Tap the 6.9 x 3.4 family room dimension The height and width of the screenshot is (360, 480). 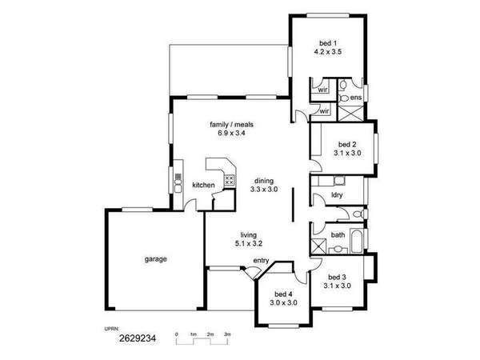click(231, 133)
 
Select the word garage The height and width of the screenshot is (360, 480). click(156, 259)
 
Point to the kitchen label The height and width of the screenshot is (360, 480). click(203, 186)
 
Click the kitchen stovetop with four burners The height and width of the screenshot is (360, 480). click(230, 180)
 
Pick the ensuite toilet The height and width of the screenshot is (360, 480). click(344, 98)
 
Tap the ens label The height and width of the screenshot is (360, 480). click(356, 98)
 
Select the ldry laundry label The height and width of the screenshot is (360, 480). click(337, 195)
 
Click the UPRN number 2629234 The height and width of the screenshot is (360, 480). click(138, 338)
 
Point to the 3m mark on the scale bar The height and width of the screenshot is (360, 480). click(227, 334)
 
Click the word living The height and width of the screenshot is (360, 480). click(248, 235)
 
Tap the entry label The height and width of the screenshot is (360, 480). click(261, 261)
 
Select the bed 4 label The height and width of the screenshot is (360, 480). click(283, 294)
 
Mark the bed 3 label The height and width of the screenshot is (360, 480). click(337, 278)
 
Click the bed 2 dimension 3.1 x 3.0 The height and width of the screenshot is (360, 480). click(347, 153)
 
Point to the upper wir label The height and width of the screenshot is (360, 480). click(323, 90)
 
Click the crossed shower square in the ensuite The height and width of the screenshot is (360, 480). click(350, 114)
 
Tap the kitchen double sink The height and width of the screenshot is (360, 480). click(178, 186)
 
